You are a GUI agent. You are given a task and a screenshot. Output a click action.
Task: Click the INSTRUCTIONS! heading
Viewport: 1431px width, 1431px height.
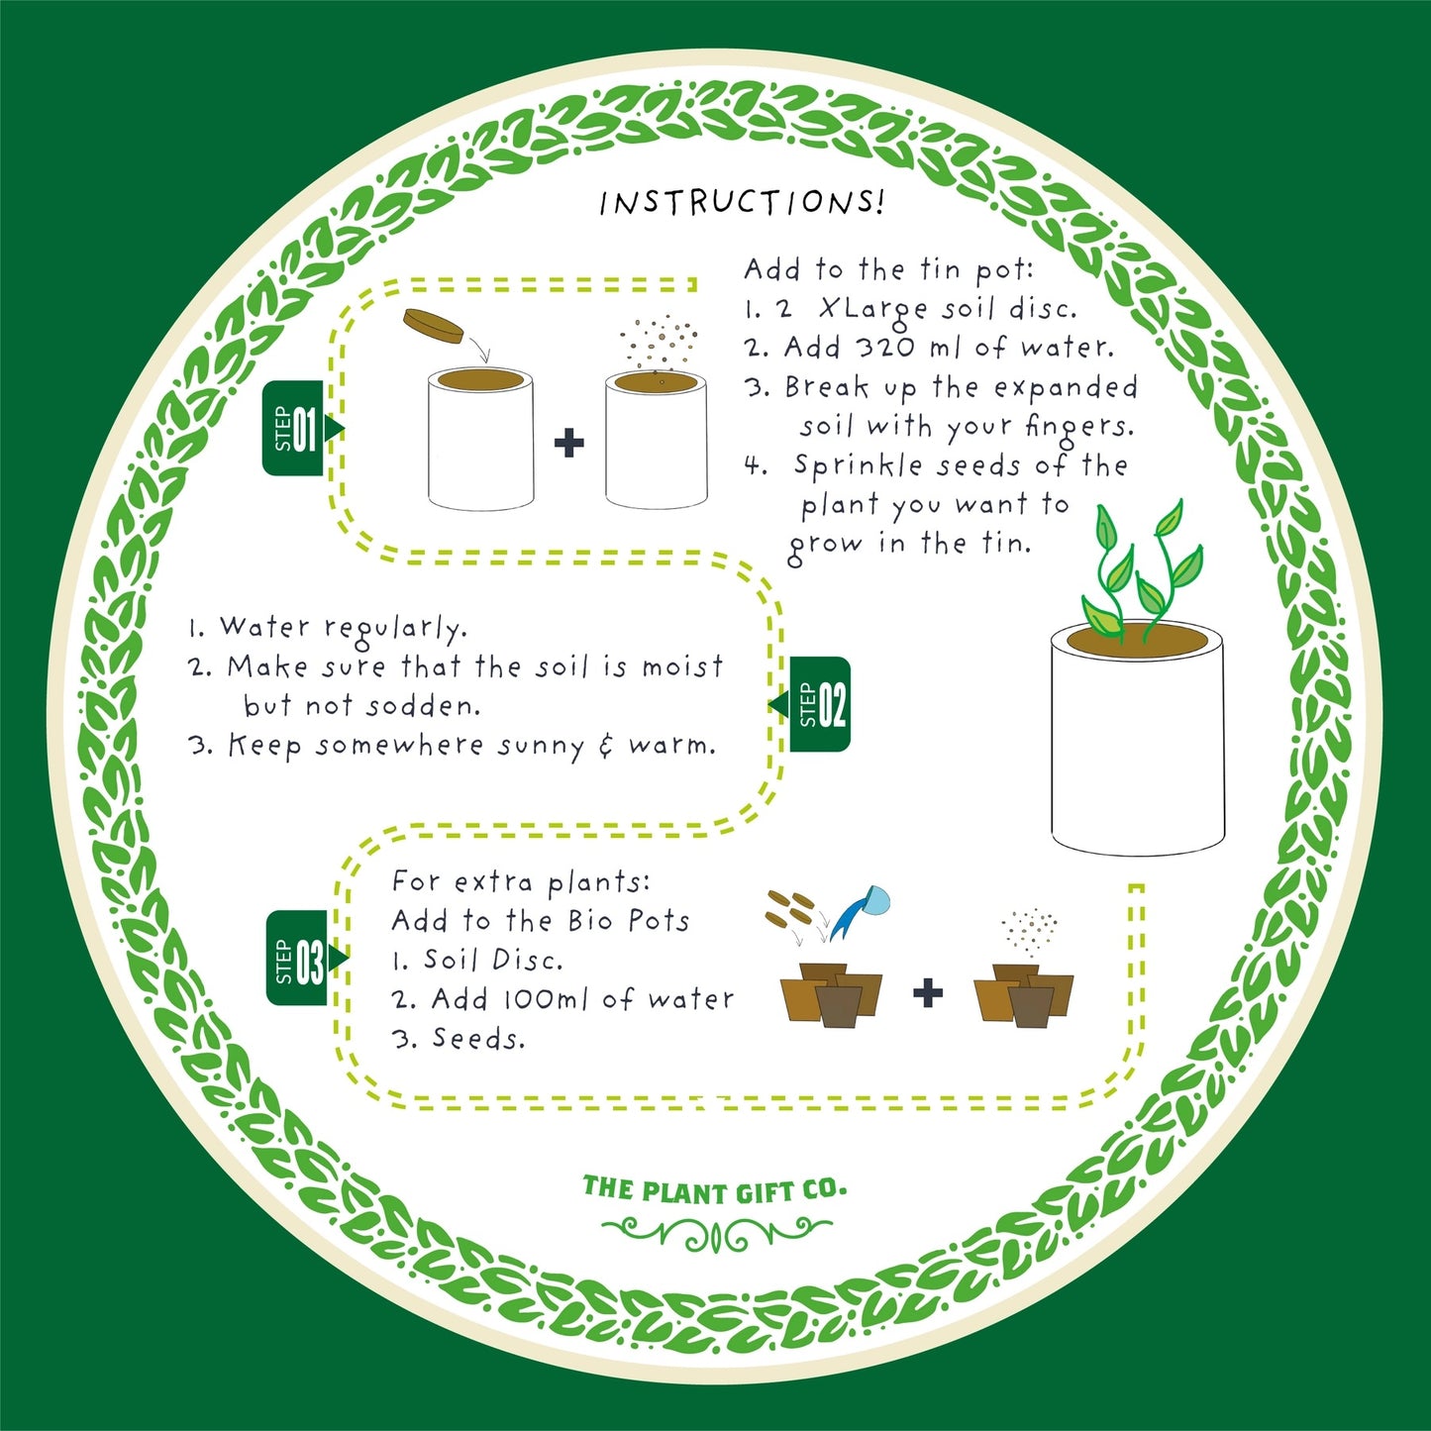pos(741,202)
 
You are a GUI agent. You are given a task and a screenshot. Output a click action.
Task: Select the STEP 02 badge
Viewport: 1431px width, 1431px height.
pos(821,704)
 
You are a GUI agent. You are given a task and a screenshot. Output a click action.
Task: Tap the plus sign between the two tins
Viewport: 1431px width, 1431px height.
pos(568,443)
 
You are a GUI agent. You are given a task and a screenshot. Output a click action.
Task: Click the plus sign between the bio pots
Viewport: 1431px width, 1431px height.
pos(927,992)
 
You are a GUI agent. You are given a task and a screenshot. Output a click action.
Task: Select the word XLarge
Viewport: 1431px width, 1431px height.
pos(874,309)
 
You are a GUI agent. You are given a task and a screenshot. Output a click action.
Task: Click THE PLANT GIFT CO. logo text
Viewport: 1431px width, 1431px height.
pos(714,1190)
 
